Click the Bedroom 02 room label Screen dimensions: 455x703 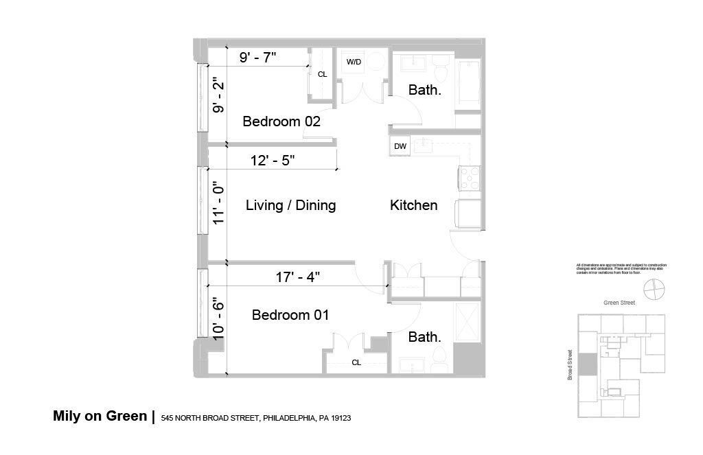pyautogui.click(x=281, y=121)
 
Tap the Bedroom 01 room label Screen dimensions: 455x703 pyautogui.click(x=290, y=315)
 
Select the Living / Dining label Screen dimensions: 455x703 pyautogui.click(x=290, y=205)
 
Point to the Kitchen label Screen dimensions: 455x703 pyautogui.click(x=413, y=205)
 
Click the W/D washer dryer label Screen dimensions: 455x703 pyautogui.click(x=354, y=62)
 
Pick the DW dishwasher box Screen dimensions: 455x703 pyautogui.click(x=400, y=146)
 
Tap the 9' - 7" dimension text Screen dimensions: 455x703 pyautogui.click(x=257, y=58)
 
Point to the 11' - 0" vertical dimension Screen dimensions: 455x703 pyautogui.click(x=219, y=203)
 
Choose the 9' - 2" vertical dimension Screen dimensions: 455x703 pyautogui.click(x=219, y=95)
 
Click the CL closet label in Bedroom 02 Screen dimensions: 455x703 pyautogui.click(x=322, y=74)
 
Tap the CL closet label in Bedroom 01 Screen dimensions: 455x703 pyautogui.click(x=356, y=362)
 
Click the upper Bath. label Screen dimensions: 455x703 pyautogui.click(x=424, y=90)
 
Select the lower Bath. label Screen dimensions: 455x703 pyautogui.click(x=424, y=337)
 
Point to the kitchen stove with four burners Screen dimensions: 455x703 pyautogui.click(x=471, y=178)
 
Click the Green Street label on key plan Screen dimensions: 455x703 pyautogui.click(x=619, y=302)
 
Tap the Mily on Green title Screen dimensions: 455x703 pyautogui.click(x=100, y=416)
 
